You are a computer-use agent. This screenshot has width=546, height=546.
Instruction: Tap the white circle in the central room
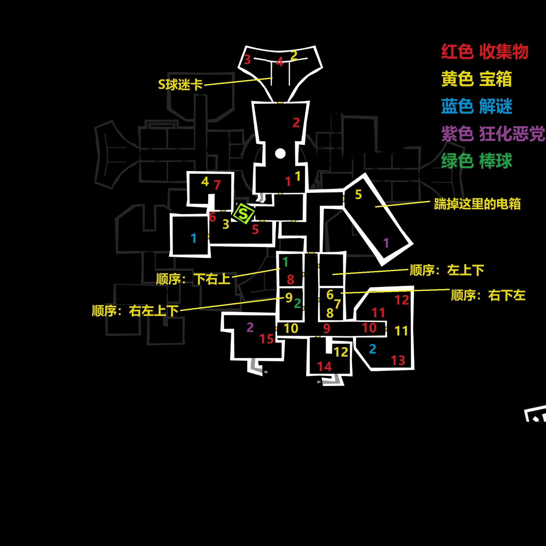[x=280, y=154]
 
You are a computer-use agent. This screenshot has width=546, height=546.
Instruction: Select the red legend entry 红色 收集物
[x=485, y=52]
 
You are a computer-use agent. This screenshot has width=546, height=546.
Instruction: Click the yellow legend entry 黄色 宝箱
[x=477, y=79]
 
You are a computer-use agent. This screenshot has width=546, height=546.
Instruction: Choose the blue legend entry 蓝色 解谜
[x=477, y=106]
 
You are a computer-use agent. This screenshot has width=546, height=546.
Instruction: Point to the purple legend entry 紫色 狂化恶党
[x=493, y=133]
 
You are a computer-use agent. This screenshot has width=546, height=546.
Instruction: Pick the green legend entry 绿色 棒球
[x=477, y=161]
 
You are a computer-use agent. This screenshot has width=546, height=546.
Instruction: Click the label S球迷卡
[x=180, y=84]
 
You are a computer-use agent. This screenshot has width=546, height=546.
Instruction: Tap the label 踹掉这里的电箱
[x=477, y=204]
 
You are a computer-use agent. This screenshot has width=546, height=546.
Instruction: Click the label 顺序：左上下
[x=447, y=270]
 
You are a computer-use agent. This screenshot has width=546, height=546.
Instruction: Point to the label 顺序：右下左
[x=488, y=295]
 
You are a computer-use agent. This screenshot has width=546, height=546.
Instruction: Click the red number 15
[x=266, y=339]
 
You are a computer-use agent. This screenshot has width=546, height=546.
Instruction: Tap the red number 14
[x=324, y=367]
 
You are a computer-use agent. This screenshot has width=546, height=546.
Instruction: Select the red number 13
[x=398, y=361]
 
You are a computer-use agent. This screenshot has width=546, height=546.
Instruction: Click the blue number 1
[x=194, y=238]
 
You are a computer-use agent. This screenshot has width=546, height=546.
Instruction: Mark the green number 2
[x=297, y=303]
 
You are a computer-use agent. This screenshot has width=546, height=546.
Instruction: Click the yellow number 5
[x=358, y=195]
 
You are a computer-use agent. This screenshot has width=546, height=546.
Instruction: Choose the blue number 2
[x=373, y=349]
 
